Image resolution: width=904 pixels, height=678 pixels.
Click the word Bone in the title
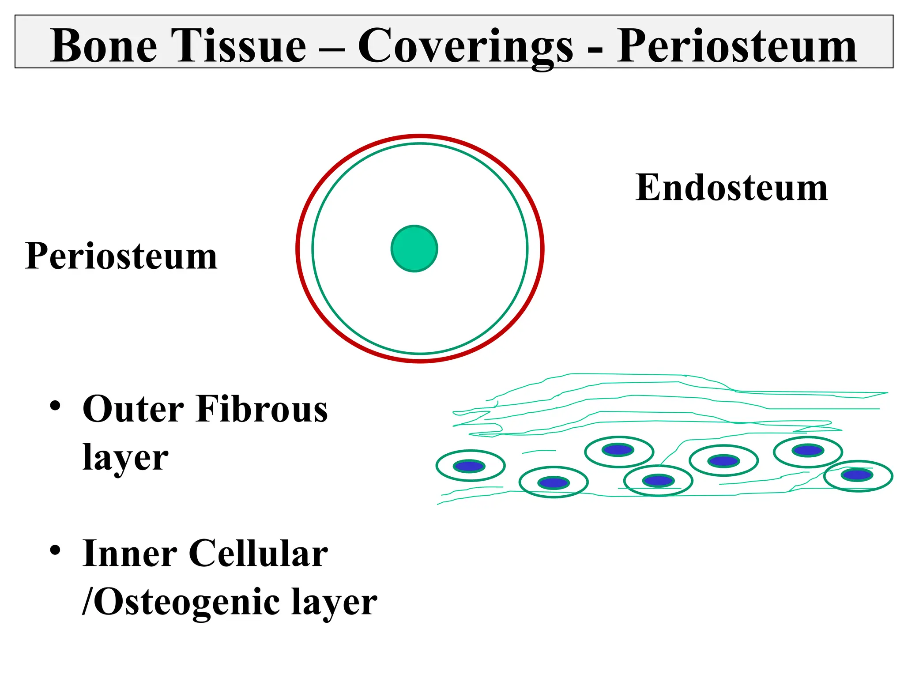point(104,45)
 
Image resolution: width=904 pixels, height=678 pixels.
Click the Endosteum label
point(731,188)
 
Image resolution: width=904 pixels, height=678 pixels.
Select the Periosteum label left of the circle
point(121,256)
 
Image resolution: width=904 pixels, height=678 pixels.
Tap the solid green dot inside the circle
point(414,249)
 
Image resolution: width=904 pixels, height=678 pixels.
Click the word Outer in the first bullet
point(133,409)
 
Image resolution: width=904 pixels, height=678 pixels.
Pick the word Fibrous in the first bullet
point(262,409)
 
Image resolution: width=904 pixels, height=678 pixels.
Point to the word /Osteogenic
point(181,602)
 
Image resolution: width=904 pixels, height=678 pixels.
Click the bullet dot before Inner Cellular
point(55,550)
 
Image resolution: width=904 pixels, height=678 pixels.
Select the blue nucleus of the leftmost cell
point(470,466)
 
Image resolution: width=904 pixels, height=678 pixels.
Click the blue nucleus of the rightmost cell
point(857,475)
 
